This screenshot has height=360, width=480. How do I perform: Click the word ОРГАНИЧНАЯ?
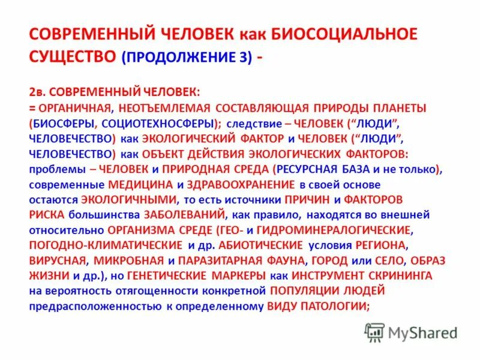tap(74, 108)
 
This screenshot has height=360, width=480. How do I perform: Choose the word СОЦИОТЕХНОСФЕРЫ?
tap(160, 123)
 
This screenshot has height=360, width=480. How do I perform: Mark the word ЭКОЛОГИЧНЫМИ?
tap(128, 199)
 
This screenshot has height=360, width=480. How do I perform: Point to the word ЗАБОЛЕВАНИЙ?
tap(184, 214)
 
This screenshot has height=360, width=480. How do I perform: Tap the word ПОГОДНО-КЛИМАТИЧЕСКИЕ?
tap(105, 245)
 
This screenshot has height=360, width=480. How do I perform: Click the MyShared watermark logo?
tap(411, 332)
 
